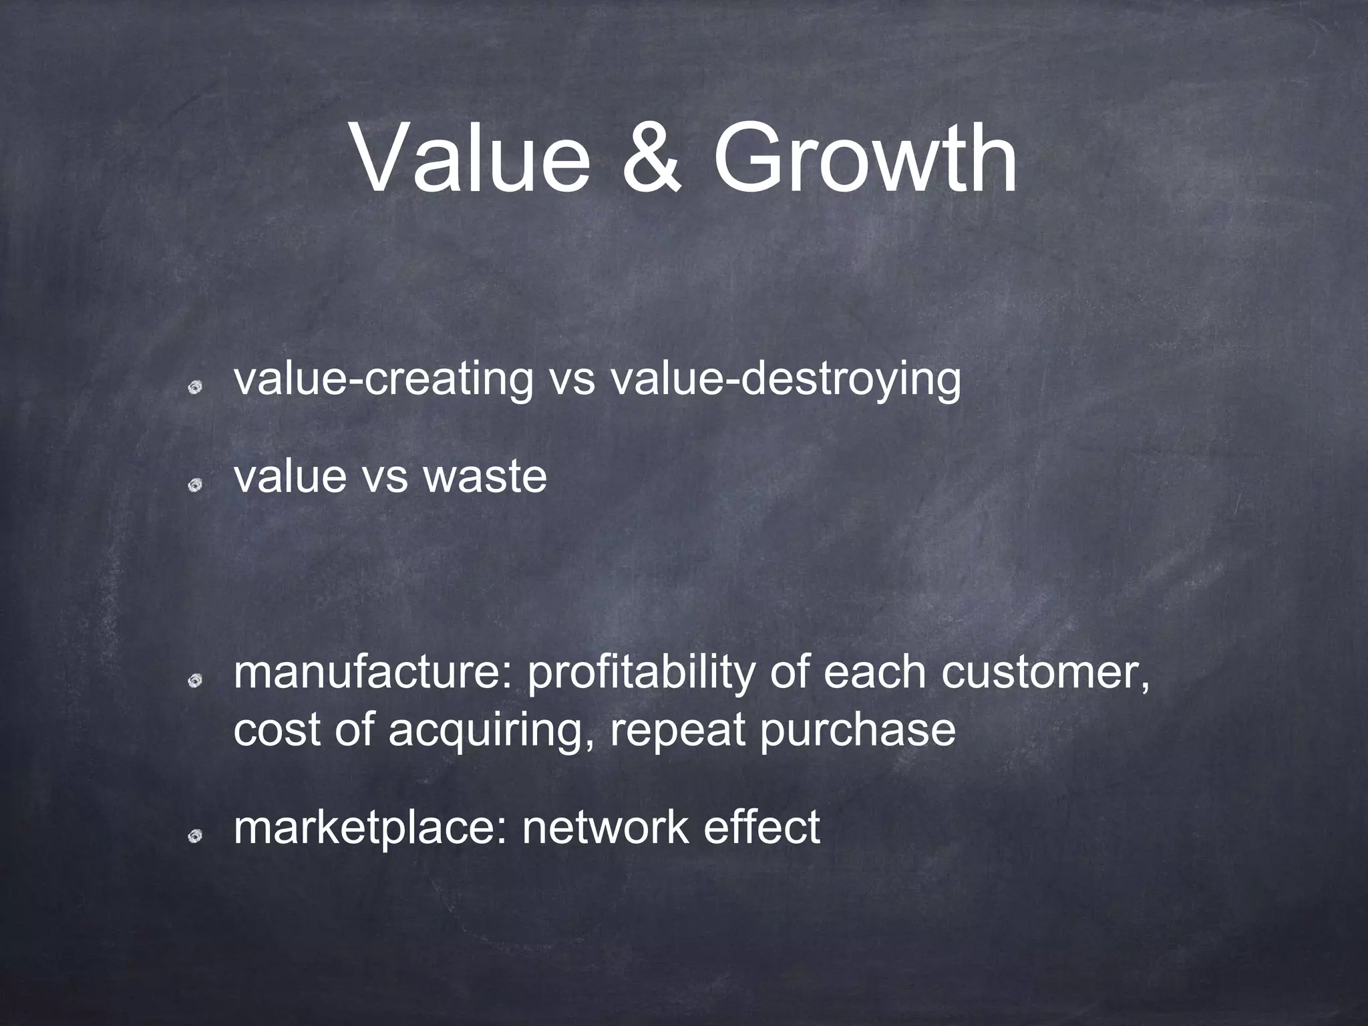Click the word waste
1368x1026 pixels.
(x=485, y=476)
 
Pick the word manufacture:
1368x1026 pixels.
(x=374, y=673)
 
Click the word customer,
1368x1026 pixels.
(x=1046, y=673)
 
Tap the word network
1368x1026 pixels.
(x=605, y=828)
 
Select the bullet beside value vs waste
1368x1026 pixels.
(x=195, y=484)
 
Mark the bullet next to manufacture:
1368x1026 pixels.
(x=195, y=681)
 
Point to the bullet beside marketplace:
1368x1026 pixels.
(x=195, y=836)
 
